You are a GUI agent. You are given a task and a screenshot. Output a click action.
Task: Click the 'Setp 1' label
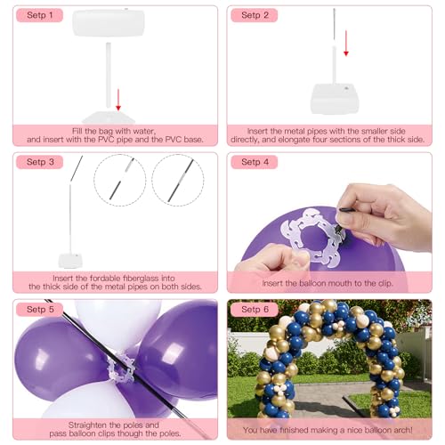coord(40,15)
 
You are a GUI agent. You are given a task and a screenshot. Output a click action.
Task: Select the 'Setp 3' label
coord(40,162)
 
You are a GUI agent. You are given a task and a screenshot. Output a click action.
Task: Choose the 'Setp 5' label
coord(40,309)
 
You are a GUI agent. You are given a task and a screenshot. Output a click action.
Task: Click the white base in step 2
coord(334,95)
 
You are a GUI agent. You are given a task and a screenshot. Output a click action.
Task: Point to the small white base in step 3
coord(71,260)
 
